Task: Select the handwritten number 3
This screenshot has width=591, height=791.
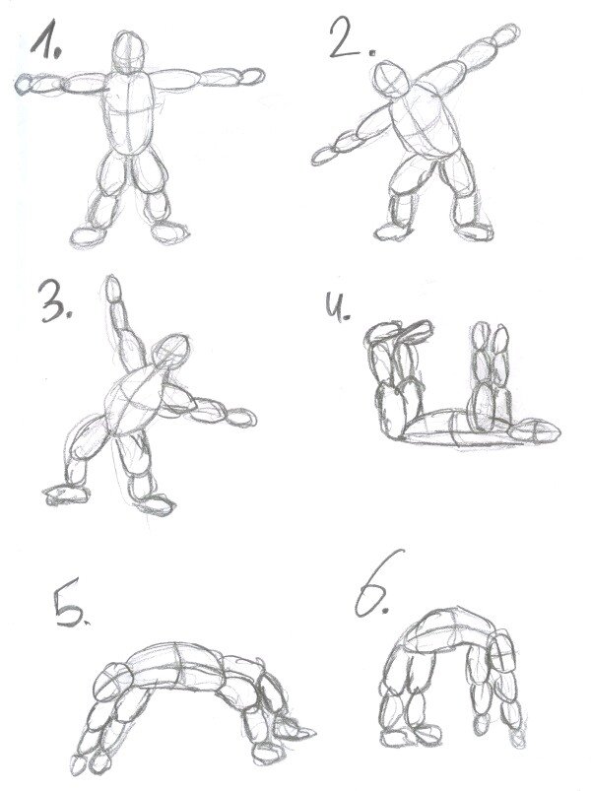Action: click(x=54, y=301)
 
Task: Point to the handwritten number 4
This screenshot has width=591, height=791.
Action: click(x=336, y=307)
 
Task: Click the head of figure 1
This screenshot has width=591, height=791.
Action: click(x=129, y=52)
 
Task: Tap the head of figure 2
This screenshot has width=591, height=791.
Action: click(x=392, y=78)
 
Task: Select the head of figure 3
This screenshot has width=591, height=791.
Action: click(x=172, y=352)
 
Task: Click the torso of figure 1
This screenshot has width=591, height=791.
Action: click(x=130, y=112)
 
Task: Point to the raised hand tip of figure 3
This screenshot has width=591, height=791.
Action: click(x=112, y=285)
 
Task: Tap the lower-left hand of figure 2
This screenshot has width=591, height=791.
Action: click(x=324, y=155)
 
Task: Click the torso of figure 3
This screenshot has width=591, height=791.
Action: click(x=135, y=401)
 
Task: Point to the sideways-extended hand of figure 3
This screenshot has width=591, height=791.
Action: click(x=241, y=418)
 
